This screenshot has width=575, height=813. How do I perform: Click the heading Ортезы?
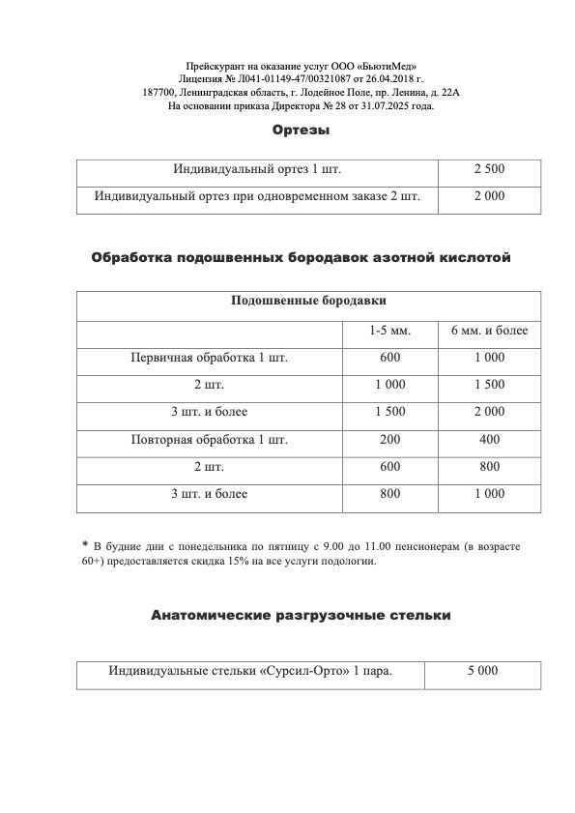click(302, 130)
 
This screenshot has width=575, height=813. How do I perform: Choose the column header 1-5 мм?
click(389, 331)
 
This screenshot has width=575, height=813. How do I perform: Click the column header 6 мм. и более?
click(489, 331)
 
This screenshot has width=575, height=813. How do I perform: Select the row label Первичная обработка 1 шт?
click(209, 358)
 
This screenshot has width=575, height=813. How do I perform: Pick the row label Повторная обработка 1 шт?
click(209, 440)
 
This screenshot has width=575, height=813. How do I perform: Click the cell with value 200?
click(389, 440)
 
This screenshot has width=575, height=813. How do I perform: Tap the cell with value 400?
click(489, 440)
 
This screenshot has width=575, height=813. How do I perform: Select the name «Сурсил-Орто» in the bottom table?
click(308, 670)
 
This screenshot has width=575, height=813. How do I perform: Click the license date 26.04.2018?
click(391, 78)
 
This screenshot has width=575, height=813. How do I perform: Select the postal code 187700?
click(158, 92)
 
